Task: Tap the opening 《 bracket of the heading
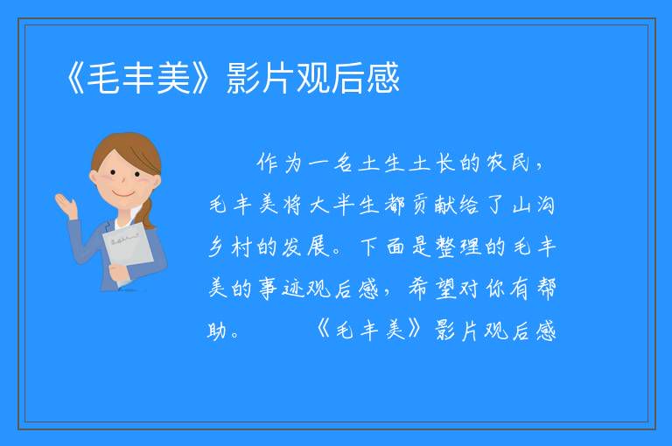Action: click(74, 78)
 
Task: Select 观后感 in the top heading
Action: click(348, 78)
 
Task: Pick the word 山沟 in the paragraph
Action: click(534, 205)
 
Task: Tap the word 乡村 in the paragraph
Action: click(229, 247)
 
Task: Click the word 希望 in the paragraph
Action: click(432, 289)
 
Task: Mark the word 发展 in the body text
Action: click(305, 247)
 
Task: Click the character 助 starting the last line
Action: click(218, 331)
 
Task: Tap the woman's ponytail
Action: click(148, 213)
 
